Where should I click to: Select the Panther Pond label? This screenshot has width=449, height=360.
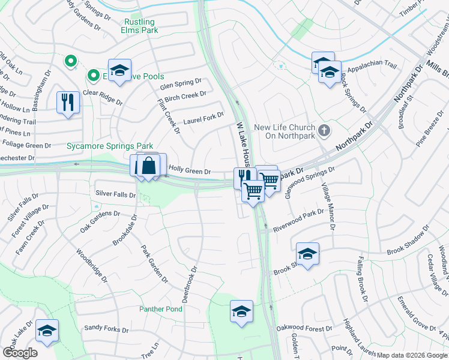tap(161, 309)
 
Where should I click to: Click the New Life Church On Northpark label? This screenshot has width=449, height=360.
tap(285, 131)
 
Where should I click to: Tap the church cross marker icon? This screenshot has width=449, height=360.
tap(324, 130)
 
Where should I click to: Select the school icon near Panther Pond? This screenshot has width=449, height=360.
tap(241, 311)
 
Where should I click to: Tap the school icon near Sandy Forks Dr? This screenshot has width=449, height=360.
tap(47, 331)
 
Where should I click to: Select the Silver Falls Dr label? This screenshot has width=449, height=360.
tap(116, 194)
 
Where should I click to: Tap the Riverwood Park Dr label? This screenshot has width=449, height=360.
tap(298, 220)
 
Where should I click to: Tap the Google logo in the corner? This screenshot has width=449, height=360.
tap(20, 353)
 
